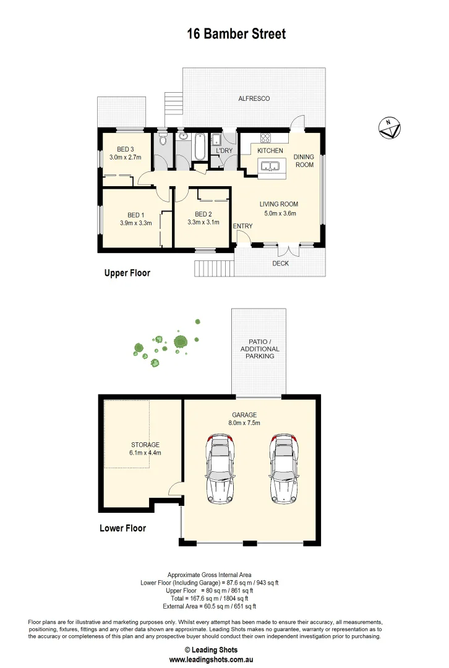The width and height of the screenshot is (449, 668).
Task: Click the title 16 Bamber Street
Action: [x=236, y=34]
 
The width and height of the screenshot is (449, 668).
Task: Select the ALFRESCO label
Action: [x=254, y=98]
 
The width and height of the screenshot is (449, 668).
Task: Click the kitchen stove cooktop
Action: [x=265, y=139]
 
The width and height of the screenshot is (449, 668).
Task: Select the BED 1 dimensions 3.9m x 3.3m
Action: [x=136, y=223]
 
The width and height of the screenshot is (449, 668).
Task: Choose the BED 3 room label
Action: [x=126, y=149]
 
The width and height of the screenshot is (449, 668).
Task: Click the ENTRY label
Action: [x=242, y=226]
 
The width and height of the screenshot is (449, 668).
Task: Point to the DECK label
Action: [x=281, y=263]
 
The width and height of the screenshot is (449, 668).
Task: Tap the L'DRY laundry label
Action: [x=223, y=151]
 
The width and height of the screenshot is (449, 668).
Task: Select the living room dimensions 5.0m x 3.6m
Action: [x=279, y=214]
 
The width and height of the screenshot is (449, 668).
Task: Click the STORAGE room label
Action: [x=145, y=444]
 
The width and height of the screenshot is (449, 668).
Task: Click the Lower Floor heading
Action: [x=122, y=528]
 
